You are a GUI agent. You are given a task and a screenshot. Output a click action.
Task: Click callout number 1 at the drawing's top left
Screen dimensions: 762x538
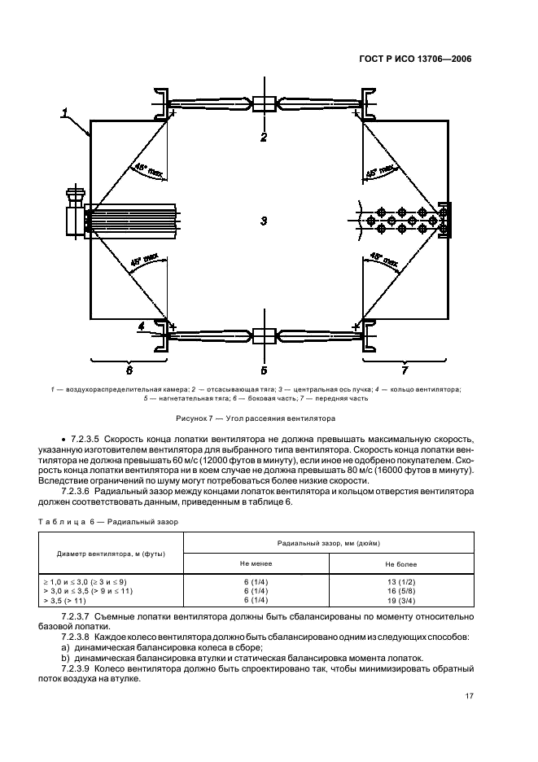(x=65, y=113)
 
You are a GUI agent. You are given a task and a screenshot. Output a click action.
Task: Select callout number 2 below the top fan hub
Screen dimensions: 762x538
(x=264, y=138)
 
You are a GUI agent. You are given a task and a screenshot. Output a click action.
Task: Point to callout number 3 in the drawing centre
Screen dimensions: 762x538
(x=264, y=221)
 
